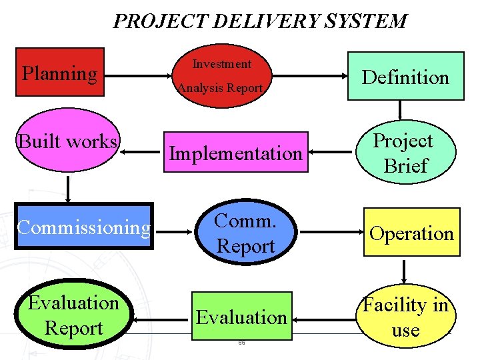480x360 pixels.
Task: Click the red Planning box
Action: pos(60,72)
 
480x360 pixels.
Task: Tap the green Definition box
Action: pos(405,77)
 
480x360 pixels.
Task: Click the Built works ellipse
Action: pos(69,142)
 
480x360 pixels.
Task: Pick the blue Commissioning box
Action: pos(84,227)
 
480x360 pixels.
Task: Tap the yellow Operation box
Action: pos(411,233)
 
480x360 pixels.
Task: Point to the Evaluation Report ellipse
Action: pos(73,315)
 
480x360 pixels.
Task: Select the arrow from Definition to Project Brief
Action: pos(400,110)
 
